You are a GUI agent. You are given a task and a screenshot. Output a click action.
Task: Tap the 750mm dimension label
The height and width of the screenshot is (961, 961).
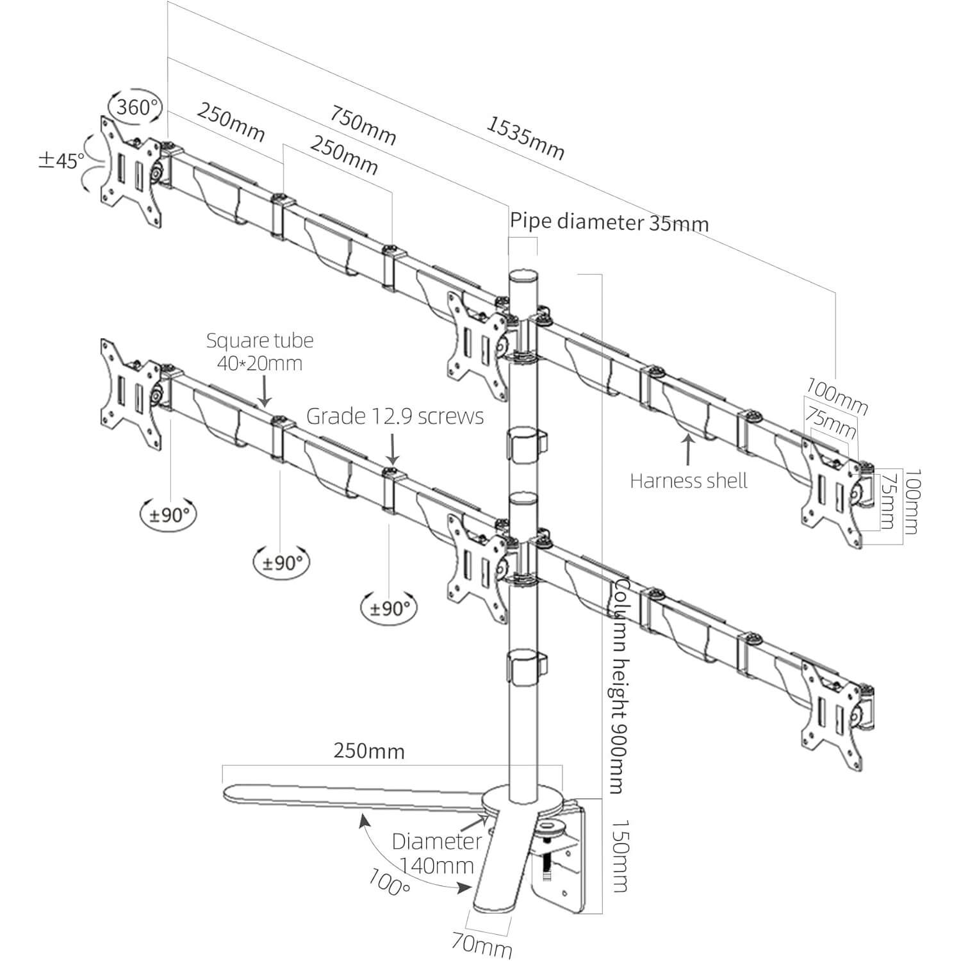point(363,125)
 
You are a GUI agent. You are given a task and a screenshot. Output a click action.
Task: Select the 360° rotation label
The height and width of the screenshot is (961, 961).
point(136,106)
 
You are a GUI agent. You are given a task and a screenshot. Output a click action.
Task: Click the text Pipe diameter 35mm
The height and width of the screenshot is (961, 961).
point(609,222)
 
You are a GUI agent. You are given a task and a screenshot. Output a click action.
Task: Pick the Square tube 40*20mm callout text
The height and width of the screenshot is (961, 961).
point(259,351)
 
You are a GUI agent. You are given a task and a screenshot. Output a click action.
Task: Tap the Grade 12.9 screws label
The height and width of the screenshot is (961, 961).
point(395,416)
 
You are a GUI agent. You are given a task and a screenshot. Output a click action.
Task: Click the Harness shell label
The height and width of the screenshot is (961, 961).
point(689,481)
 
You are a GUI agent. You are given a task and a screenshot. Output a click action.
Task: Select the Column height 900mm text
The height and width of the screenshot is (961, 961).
point(617,686)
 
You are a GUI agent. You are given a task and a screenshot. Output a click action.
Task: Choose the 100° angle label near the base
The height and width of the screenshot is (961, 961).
point(390,882)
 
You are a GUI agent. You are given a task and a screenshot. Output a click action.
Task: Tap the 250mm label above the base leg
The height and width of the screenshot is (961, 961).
point(368,751)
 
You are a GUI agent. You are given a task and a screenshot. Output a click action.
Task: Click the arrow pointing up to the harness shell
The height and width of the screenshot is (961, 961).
point(689,448)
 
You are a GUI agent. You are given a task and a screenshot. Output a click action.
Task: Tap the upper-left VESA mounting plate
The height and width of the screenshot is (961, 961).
point(130,170)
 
